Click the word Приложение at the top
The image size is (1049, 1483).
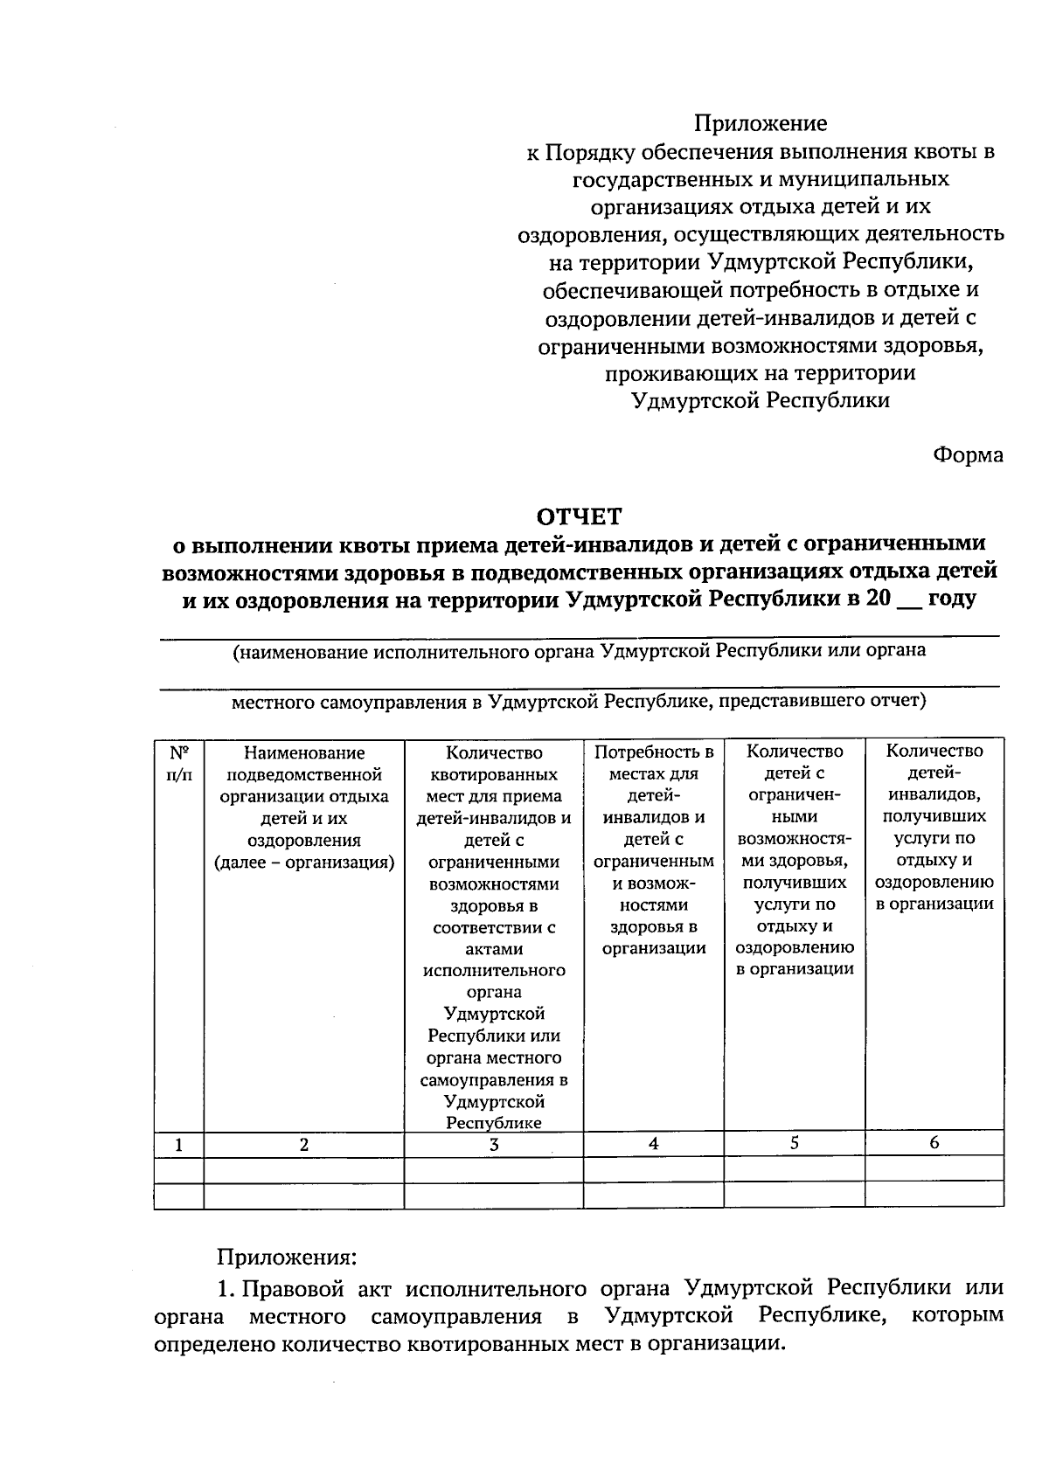point(761,124)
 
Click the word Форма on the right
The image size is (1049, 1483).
point(968,455)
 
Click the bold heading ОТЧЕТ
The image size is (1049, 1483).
point(580,516)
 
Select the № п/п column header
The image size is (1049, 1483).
point(178,762)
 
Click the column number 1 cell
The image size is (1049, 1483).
point(178,1145)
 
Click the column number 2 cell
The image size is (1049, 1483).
point(303,1145)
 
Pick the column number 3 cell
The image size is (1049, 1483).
point(494,1145)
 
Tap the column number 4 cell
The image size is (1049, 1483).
point(653,1143)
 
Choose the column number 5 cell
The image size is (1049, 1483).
point(794,1142)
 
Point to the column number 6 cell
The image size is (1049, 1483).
point(934,1142)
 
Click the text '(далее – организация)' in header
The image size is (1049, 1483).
point(304,863)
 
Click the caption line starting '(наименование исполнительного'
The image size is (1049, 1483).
point(579,652)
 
